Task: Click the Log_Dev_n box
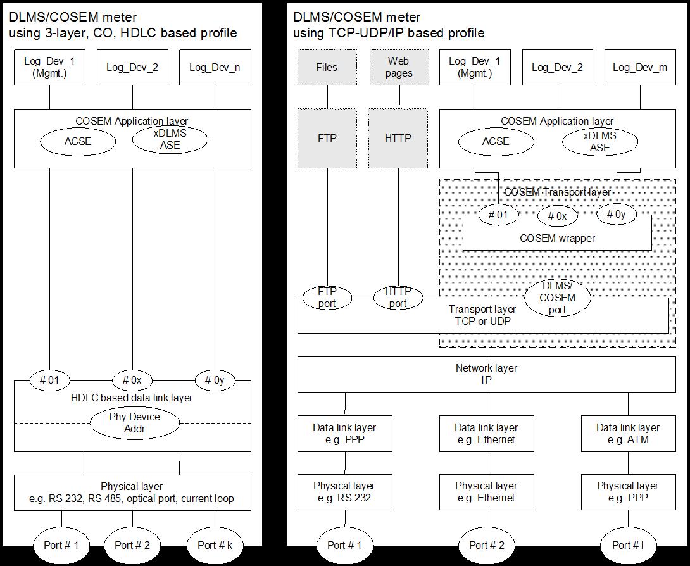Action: [215, 67]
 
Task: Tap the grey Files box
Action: [327, 67]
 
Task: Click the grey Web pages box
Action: [398, 67]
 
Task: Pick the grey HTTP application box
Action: [398, 138]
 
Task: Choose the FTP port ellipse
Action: [327, 298]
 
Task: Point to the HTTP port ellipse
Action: [398, 298]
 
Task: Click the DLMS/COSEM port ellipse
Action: [558, 298]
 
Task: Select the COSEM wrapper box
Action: [557, 239]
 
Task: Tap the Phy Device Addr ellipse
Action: [134, 423]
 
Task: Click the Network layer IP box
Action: [486, 374]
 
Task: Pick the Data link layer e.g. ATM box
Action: [627, 434]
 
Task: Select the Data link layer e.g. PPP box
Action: [344, 434]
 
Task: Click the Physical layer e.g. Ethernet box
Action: [486, 492]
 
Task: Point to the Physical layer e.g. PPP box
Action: [627, 492]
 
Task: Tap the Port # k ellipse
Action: [215, 545]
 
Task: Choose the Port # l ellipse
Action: [627, 545]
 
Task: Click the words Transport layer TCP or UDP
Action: [482, 315]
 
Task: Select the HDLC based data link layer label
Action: [132, 398]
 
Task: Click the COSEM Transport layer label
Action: [557, 192]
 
